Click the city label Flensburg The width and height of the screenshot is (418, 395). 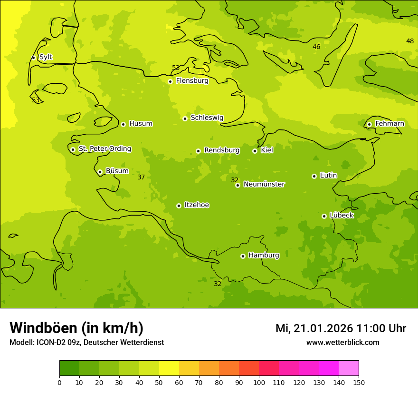coord(192,81)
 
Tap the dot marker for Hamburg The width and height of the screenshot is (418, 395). coord(243,256)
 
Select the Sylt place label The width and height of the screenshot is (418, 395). coord(46,57)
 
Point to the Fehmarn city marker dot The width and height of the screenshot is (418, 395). coord(369,124)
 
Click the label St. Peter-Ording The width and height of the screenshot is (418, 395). coord(104,149)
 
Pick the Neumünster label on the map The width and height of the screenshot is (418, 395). coord(264,184)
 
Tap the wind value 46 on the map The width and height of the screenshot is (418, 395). coord(316,47)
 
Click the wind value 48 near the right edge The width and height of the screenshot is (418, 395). coord(410,41)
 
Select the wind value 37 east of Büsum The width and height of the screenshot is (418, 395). coord(141,177)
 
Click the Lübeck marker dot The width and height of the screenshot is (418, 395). coord(324,216)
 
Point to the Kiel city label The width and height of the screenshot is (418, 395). coord(266,150)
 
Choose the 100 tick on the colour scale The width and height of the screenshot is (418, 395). coord(259,382)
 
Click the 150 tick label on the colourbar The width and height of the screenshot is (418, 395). coord(359,382)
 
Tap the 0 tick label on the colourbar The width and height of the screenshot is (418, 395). coord(59,382)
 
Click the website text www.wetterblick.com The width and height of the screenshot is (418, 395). coord(342,342)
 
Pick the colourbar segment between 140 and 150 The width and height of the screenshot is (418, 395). coord(349,368)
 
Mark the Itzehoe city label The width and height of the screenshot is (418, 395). coord(197,205)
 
